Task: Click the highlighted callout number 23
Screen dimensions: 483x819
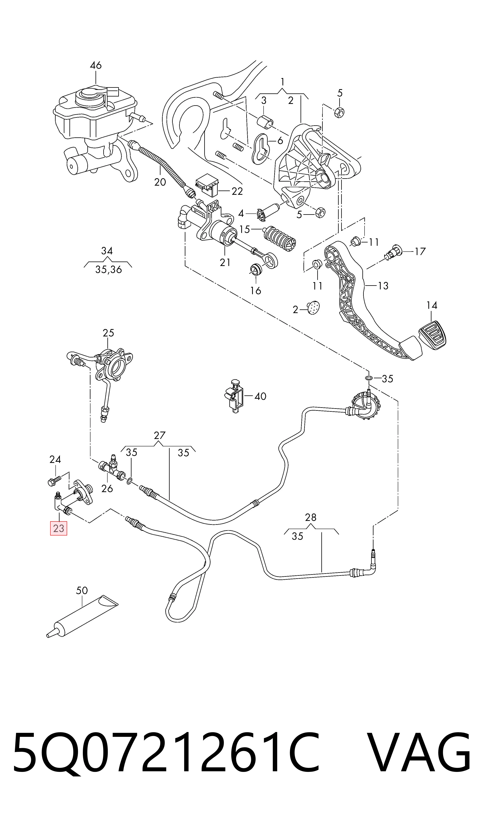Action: tap(59, 528)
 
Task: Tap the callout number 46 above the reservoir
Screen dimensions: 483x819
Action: tap(96, 65)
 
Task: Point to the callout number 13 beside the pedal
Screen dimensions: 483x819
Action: tap(383, 286)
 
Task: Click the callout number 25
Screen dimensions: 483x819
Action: tap(108, 333)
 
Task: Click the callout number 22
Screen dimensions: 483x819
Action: tap(237, 191)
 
